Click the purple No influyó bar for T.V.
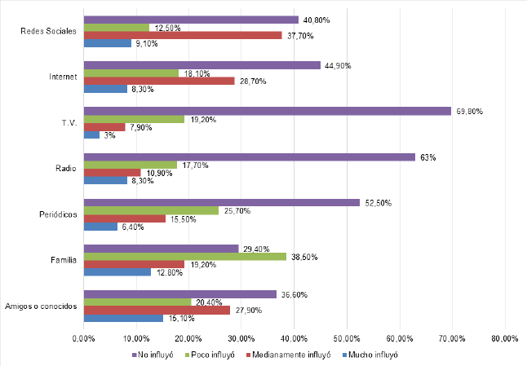267,110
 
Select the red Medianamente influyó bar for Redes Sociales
183,35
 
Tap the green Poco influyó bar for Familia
185,257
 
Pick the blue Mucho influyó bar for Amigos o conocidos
123,318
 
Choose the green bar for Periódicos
151,210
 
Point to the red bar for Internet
159,82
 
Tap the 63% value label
426,157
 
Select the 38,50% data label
304,257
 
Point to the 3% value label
109,135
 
